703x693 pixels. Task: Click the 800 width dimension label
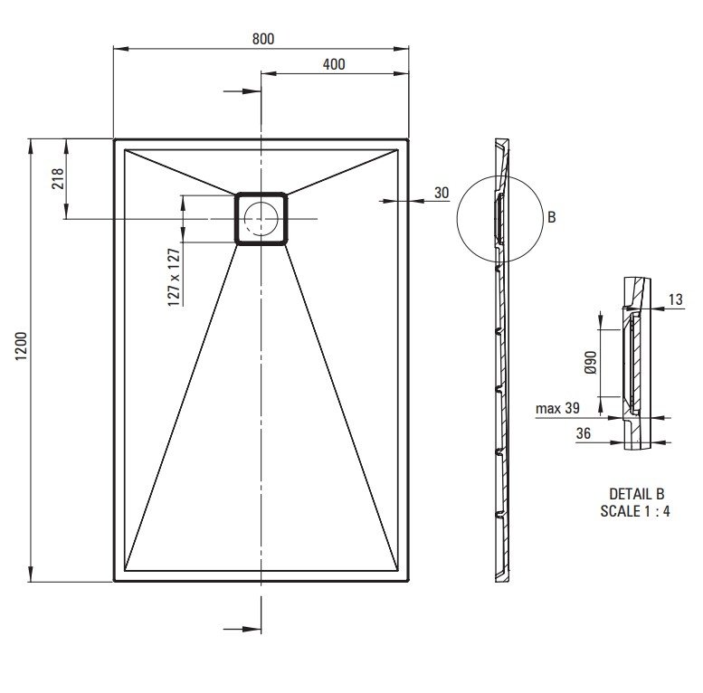click(x=263, y=39)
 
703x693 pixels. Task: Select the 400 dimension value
click(x=334, y=64)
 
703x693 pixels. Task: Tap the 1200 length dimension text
click(x=22, y=346)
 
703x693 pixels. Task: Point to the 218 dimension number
click(x=58, y=178)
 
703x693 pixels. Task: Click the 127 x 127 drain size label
click(x=174, y=277)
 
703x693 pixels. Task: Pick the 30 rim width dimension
click(x=442, y=193)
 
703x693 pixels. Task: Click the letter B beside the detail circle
click(x=552, y=217)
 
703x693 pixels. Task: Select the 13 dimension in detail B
click(x=675, y=299)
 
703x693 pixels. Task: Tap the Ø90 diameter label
click(x=591, y=362)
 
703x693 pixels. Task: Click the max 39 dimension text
click(x=557, y=408)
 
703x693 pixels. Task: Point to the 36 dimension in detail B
click(x=584, y=433)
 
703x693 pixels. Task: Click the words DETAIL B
click(x=636, y=494)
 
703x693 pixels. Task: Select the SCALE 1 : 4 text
click(x=635, y=510)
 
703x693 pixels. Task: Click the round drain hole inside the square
click(x=261, y=218)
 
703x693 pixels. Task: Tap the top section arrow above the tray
click(x=242, y=91)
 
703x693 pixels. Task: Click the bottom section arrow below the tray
click(x=242, y=629)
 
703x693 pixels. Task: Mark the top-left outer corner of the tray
click(x=115, y=140)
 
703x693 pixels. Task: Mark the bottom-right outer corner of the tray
click(x=408, y=581)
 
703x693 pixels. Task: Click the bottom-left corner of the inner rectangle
click(x=125, y=571)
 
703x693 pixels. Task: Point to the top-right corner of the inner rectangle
click(x=398, y=149)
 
